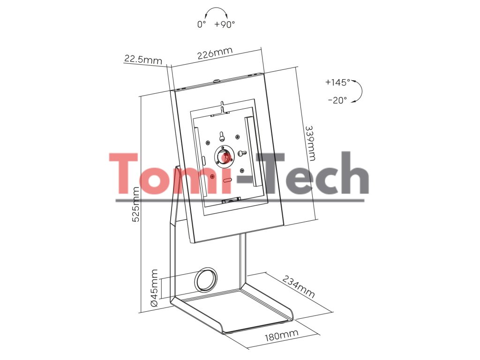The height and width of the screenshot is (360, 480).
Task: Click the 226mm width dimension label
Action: tap(215, 53)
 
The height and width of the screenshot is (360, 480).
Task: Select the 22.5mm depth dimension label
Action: tap(142, 60)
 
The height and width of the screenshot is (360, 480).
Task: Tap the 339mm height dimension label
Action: tap(310, 142)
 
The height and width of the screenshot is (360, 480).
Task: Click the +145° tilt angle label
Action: tap(337, 82)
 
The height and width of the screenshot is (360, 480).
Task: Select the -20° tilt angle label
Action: tap(337, 100)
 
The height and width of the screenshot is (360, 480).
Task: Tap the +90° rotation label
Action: tap(225, 24)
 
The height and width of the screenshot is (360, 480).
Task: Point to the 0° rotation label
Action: tap(202, 24)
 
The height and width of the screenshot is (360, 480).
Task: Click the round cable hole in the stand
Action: tap(206, 280)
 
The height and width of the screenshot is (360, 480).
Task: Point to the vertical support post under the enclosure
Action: tap(242, 260)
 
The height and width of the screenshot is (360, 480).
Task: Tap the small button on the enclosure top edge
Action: tap(217, 81)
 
